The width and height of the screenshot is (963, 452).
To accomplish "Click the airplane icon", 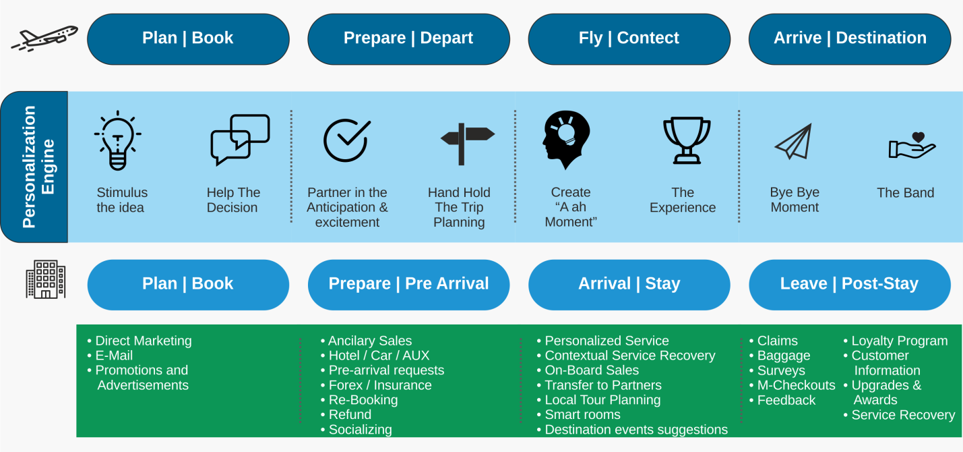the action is click(44, 38).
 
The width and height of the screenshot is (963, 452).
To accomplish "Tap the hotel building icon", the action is click(46, 279).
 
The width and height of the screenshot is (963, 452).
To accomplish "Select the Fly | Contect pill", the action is click(629, 39).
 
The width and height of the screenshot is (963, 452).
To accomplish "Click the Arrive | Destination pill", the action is click(850, 39).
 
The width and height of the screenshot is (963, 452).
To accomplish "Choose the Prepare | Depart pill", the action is click(408, 39).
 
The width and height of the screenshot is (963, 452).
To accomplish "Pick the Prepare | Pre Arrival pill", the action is click(408, 285).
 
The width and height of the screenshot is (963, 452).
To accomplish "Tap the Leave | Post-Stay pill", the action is click(850, 285).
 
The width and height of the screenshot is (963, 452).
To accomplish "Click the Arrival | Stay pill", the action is click(629, 285).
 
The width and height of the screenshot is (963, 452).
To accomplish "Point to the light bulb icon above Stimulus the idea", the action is click(118, 140).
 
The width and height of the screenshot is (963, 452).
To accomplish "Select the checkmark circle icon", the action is click(346, 140).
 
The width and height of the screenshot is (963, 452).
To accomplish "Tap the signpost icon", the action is click(467, 144).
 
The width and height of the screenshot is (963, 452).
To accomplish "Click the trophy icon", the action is click(687, 140).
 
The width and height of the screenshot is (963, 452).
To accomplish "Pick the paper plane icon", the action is click(794, 142).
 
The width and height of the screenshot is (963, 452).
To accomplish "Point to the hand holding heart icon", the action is click(912, 146).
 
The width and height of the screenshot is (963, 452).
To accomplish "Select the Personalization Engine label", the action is click(38, 167).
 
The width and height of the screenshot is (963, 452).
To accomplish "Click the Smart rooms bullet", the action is click(579, 414).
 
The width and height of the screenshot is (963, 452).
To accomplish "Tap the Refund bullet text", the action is click(350, 414).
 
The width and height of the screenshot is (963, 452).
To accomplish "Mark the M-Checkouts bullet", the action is click(793, 385).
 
